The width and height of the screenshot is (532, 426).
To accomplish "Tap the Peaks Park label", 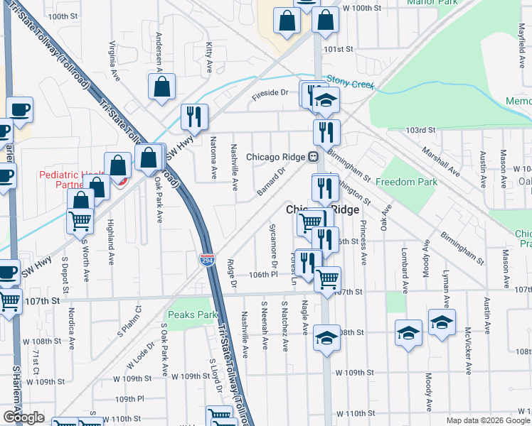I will pos(192,315).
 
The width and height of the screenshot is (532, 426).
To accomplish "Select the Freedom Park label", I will pos(406,182).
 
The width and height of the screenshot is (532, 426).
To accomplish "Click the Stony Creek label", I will pos(350,84).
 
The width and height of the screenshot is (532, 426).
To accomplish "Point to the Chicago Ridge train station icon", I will pos(312,157).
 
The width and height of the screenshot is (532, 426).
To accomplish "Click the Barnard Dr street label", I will pos(270,180).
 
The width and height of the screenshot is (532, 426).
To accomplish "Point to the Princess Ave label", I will pos(363,242).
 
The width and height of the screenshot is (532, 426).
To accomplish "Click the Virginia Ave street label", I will pos(114,60).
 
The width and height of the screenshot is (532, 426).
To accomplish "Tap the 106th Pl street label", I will pos(263,274).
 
